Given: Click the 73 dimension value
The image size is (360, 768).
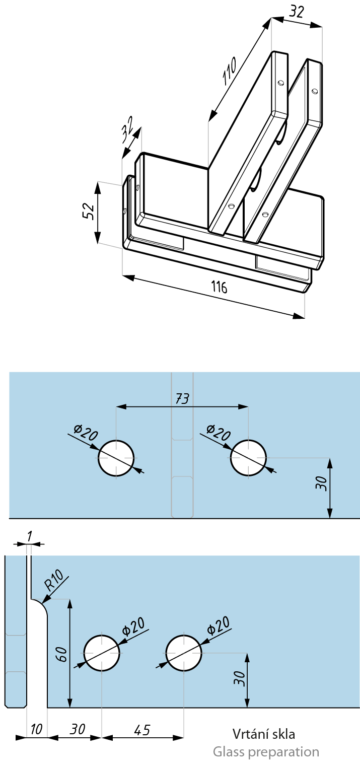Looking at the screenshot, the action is tap(182, 399).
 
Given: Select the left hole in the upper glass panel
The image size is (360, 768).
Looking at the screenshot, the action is tap(116, 458).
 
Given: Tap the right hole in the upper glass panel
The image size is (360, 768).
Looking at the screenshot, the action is tap(248, 458).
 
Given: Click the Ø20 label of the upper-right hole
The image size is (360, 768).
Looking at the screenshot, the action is tap(219, 432).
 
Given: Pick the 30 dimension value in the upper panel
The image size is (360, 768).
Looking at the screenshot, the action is tap(322, 483).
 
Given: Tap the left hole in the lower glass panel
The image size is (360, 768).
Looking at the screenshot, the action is tap(102, 653).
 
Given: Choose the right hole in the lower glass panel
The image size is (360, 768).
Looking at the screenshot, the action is tap(184, 653).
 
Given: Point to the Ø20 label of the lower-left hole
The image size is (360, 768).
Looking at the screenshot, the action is tap(134, 626).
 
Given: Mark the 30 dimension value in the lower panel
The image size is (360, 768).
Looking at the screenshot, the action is tap(240, 678).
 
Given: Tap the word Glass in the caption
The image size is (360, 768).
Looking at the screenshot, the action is tap(229, 752).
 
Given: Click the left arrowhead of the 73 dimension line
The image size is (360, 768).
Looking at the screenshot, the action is tap(120, 406).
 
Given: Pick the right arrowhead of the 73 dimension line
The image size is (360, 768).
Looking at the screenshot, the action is tap(245, 406).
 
